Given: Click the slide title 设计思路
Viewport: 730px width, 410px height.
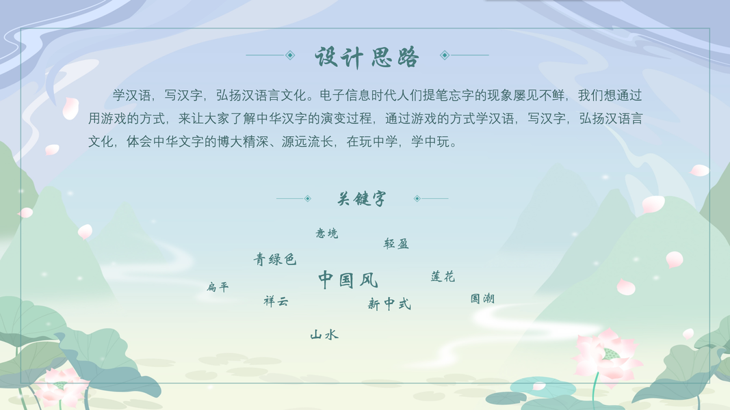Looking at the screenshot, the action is pos(367,57).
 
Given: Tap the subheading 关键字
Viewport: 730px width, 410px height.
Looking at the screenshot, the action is pos(362,198).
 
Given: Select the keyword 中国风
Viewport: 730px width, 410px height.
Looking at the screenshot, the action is pos(348,280).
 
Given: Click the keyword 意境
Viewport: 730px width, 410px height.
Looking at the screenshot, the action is pos(327,233).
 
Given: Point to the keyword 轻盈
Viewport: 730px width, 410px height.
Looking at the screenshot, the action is pos(396,243).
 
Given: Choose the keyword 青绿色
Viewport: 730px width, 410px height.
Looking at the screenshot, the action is pos(274,259).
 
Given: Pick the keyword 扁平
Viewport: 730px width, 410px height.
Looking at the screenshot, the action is pos(218,287).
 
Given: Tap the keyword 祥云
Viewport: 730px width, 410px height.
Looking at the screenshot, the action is pos(276,301).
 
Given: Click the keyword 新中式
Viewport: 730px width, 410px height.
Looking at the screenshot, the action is pos(389,304).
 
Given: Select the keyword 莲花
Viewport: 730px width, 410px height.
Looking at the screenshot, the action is pos(443,277).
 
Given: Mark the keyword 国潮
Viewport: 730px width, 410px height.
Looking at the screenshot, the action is pos(482,299).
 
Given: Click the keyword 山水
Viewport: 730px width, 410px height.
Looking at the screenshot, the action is pos(324,334).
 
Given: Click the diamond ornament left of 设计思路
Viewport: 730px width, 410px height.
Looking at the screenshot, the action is pos(290,55).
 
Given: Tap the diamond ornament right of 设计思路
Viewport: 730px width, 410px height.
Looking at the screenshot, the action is pos(445,55).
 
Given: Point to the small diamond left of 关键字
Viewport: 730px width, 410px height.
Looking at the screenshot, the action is pos(308,198).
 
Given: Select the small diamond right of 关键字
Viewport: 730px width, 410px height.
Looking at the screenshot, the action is pos(417,198).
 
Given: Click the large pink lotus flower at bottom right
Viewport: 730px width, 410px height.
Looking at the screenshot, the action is pos(607,355).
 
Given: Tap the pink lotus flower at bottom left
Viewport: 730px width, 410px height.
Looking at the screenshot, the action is pos(62,387).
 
